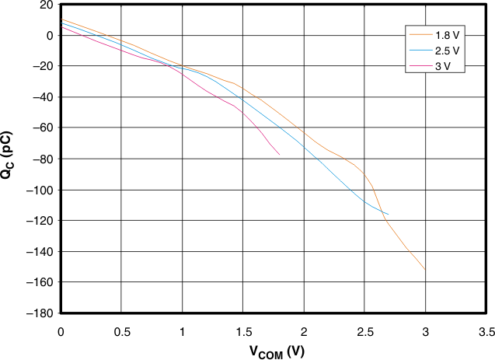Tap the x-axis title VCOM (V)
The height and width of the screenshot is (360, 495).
coord(277,351)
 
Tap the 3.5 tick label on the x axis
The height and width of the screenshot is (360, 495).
coord(486,331)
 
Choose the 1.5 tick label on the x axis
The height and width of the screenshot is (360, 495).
coord(242,331)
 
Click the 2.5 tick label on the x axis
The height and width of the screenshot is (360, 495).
coord(364,331)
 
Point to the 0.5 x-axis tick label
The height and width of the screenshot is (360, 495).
coord(121,331)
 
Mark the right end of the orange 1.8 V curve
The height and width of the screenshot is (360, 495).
coord(425,269)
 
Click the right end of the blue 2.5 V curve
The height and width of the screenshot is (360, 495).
coord(388,214)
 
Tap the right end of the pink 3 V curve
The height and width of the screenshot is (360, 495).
coord(279,154)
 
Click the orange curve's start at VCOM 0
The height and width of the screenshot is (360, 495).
coord(61,19)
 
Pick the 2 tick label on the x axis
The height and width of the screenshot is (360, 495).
coord(304,331)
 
